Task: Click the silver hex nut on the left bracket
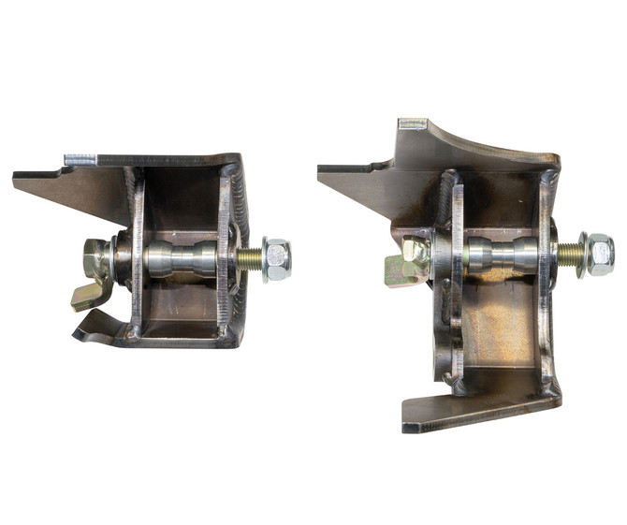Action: pos(277,259)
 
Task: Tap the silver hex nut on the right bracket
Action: pos(599,254)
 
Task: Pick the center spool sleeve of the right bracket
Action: pos(502,254)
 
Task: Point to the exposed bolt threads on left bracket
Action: pos(249,259)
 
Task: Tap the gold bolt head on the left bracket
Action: pos(96,258)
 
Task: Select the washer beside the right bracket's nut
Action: pos(582,254)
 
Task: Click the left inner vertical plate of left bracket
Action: pos(138,257)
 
